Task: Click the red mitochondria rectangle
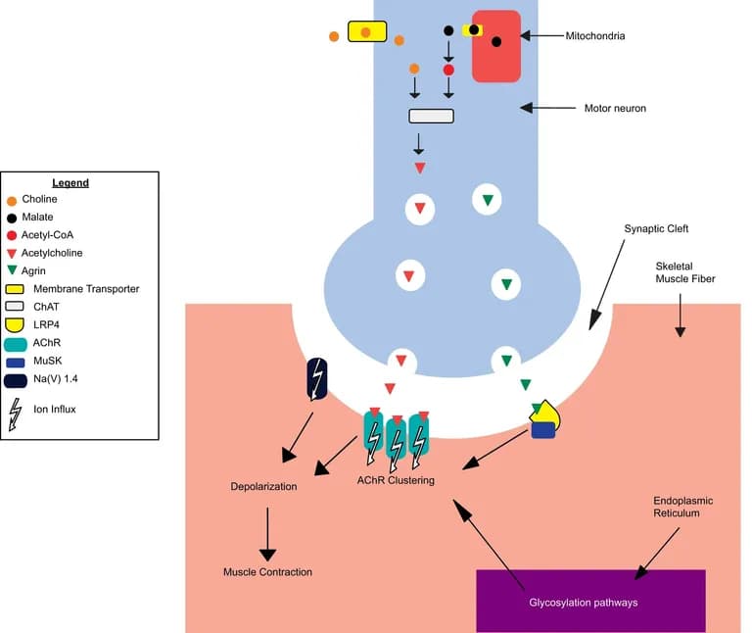pos(496,46)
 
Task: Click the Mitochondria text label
pos(594,36)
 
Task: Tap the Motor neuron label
pos(615,108)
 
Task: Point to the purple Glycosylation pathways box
pos(590,601)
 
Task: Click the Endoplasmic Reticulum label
pos(682,507)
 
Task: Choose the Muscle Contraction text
pos(267,572)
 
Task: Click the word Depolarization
pos(263,486)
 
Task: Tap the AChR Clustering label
pos(396,480)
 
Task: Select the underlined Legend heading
pos(70,183)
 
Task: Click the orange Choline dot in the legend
pos(12,199)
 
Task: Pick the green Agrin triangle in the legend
pos(12,270)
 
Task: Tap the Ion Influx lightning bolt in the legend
pos(14,414)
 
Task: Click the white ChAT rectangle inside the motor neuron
pos(431,117)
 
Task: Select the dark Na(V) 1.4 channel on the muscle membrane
pos(317,379)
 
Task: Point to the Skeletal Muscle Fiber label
pos(685,271)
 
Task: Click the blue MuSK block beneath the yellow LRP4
pos(543,431)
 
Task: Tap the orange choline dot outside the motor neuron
pos(334,36)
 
